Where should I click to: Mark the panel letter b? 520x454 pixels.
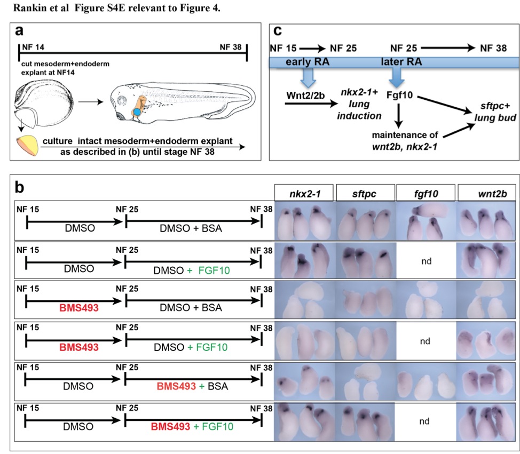[21, 187]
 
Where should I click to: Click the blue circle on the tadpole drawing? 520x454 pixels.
[138, 112]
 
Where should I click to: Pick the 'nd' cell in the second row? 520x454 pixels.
[426, 262]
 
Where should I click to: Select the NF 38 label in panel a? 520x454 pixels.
[233, 46]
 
